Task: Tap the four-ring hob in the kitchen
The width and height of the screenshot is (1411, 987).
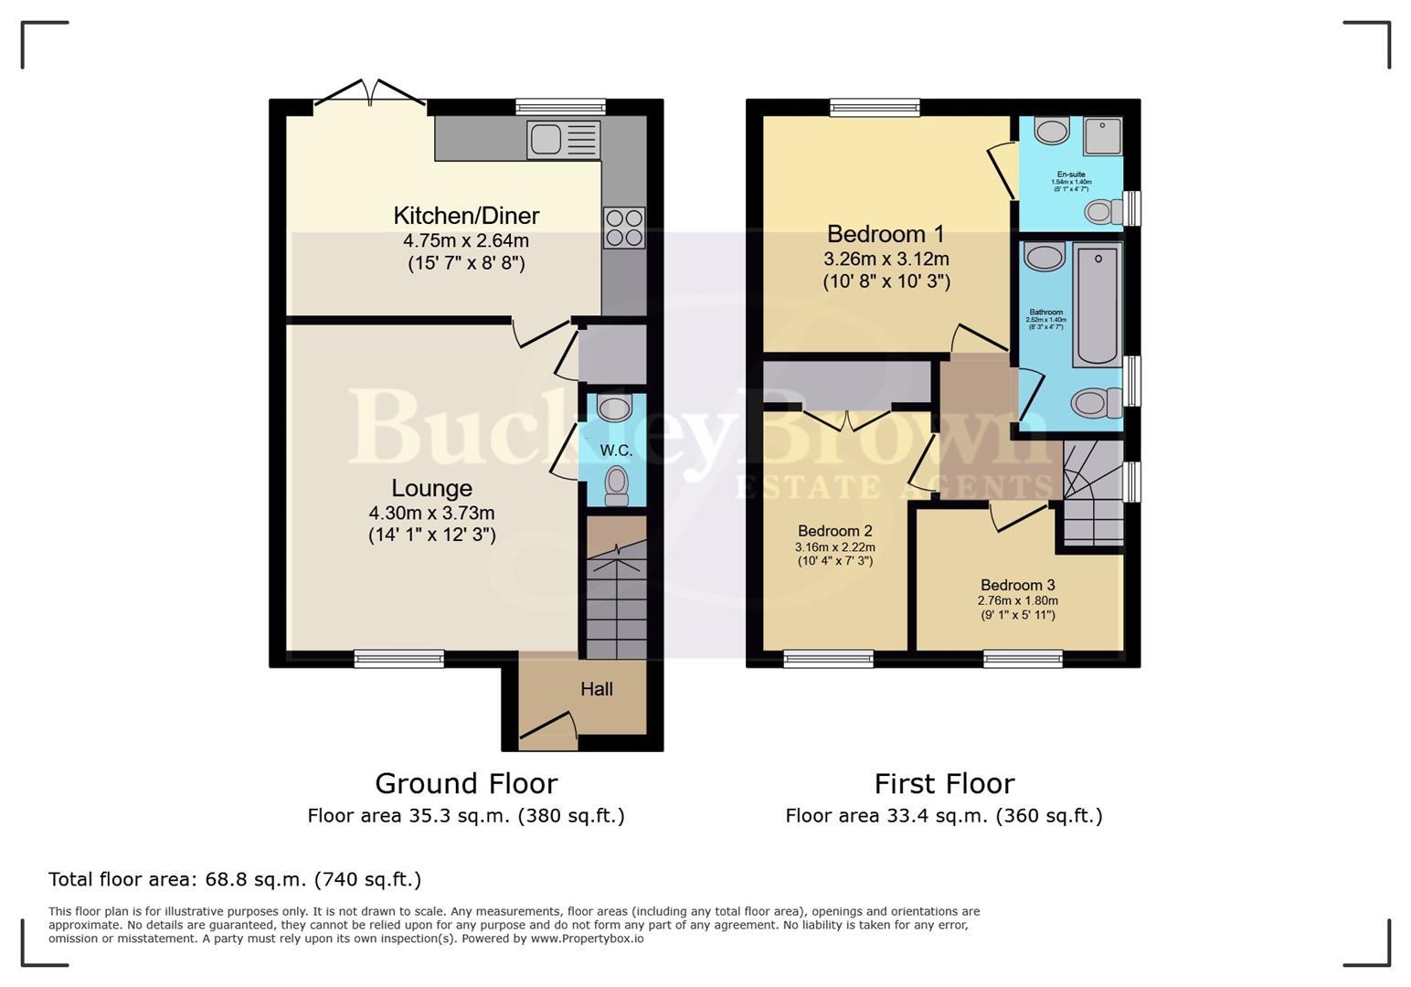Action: point(623,228)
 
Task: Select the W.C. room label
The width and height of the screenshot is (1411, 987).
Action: point(616,451)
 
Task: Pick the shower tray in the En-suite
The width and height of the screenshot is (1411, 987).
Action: point(1102,136)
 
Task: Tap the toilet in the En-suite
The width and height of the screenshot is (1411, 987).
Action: point(1103,212)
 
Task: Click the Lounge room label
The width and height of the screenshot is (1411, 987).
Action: point(431,488)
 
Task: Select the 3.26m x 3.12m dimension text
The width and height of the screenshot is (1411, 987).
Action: point(886,259)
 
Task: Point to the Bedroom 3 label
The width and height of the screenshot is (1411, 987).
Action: point(1017,585)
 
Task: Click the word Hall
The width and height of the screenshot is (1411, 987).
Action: point(596,689)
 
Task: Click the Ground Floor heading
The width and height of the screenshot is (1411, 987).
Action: point(465,783)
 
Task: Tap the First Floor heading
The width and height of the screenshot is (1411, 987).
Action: point(943,783)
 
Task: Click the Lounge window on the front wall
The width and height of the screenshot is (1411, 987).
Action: point(399,658)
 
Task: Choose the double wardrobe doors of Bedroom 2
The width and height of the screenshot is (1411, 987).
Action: point(846,419)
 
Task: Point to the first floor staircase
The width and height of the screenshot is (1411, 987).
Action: point(1091,493)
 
